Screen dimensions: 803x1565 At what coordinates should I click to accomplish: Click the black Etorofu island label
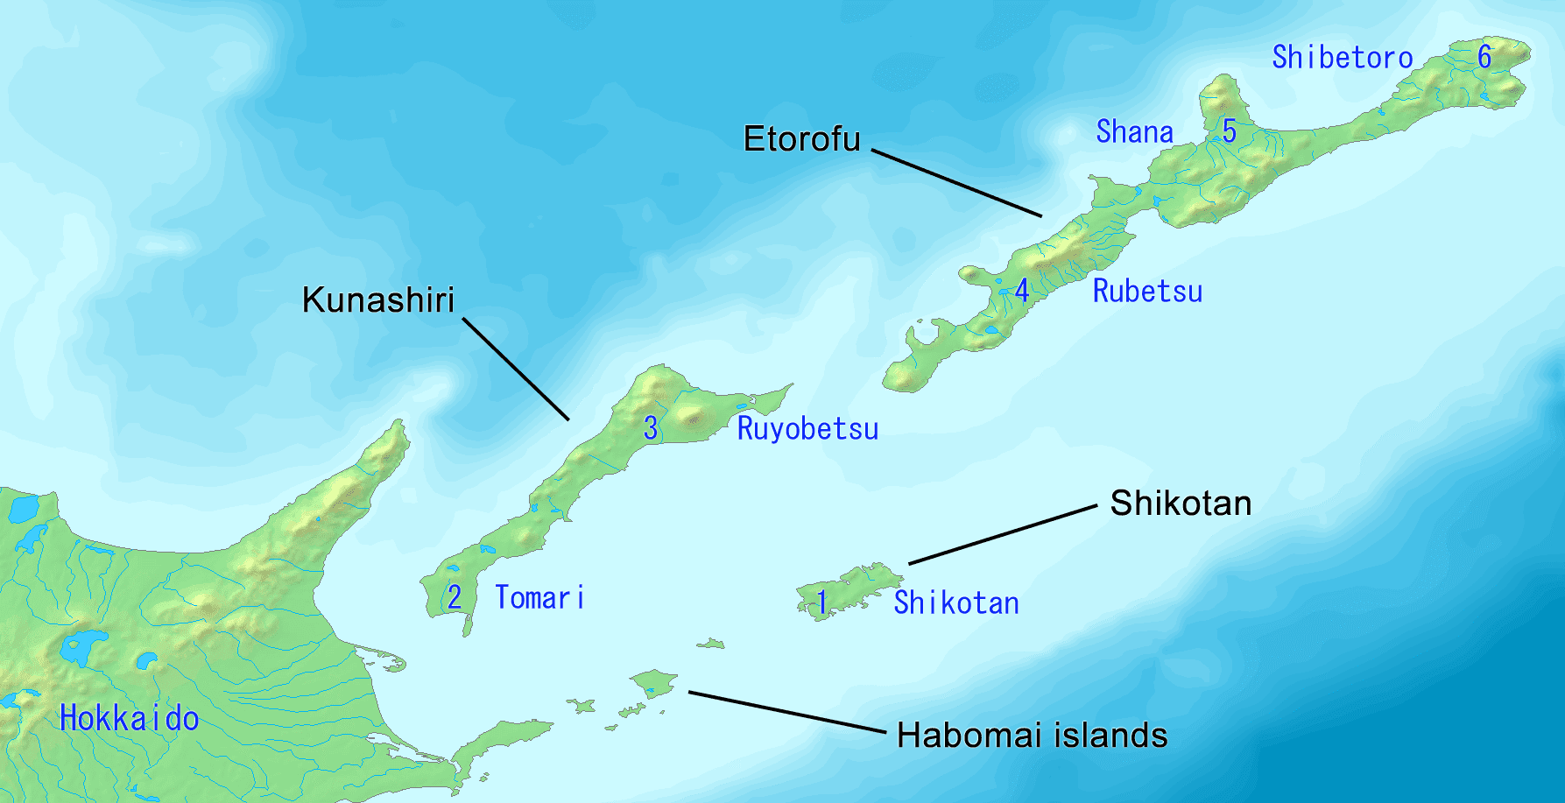pyautogui.click(x=801, y=139)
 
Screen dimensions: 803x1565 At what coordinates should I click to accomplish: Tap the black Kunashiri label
pyautogui.click(x=378, y=300)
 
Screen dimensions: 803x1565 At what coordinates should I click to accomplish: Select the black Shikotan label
pyautogui.click(x=1181, y=504)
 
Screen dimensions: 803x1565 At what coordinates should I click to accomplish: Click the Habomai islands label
pyautogui.click(x=1032, y=736)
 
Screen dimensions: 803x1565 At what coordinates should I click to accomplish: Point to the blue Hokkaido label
pyautogui.click(x=129, y=719)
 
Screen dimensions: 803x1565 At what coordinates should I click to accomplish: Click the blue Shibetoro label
pyautogui.click(x=1342, y=58)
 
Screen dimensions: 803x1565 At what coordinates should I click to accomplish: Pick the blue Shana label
pyautogui.click(x=1134, y=132)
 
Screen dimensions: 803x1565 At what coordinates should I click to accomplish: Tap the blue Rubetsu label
pyautogui.click(x=1147, y=292)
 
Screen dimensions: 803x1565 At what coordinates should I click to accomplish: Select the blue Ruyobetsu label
pyautogui.click(x=807, y=429)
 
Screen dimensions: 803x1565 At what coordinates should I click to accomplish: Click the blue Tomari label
pyautogui.click(x=539, y=598)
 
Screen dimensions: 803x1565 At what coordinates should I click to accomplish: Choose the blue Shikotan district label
pyautogui.click(x=956, y=603)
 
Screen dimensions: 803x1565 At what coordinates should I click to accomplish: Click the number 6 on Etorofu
pyautogui.click(x=1484, y=57)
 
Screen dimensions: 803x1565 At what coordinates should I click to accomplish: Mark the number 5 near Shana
pyautogui.click(x=1230, y=131)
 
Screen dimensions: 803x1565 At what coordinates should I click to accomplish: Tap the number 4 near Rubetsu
pyautogui.click(x=1022, y=291)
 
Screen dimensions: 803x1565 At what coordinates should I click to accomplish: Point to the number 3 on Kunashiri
pyautogui.click(x=651, y=428)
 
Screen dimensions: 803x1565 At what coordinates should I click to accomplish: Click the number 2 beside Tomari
pyautogui.click(x=455, y=597)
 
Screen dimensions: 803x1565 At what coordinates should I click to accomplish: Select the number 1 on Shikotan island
pyautogui.click(x=822, y=602)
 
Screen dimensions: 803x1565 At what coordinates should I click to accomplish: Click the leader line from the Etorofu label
pyautogui.click(x=956, y=183)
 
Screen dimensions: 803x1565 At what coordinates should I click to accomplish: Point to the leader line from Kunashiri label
pyautogui.click(x=516, y=369)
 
